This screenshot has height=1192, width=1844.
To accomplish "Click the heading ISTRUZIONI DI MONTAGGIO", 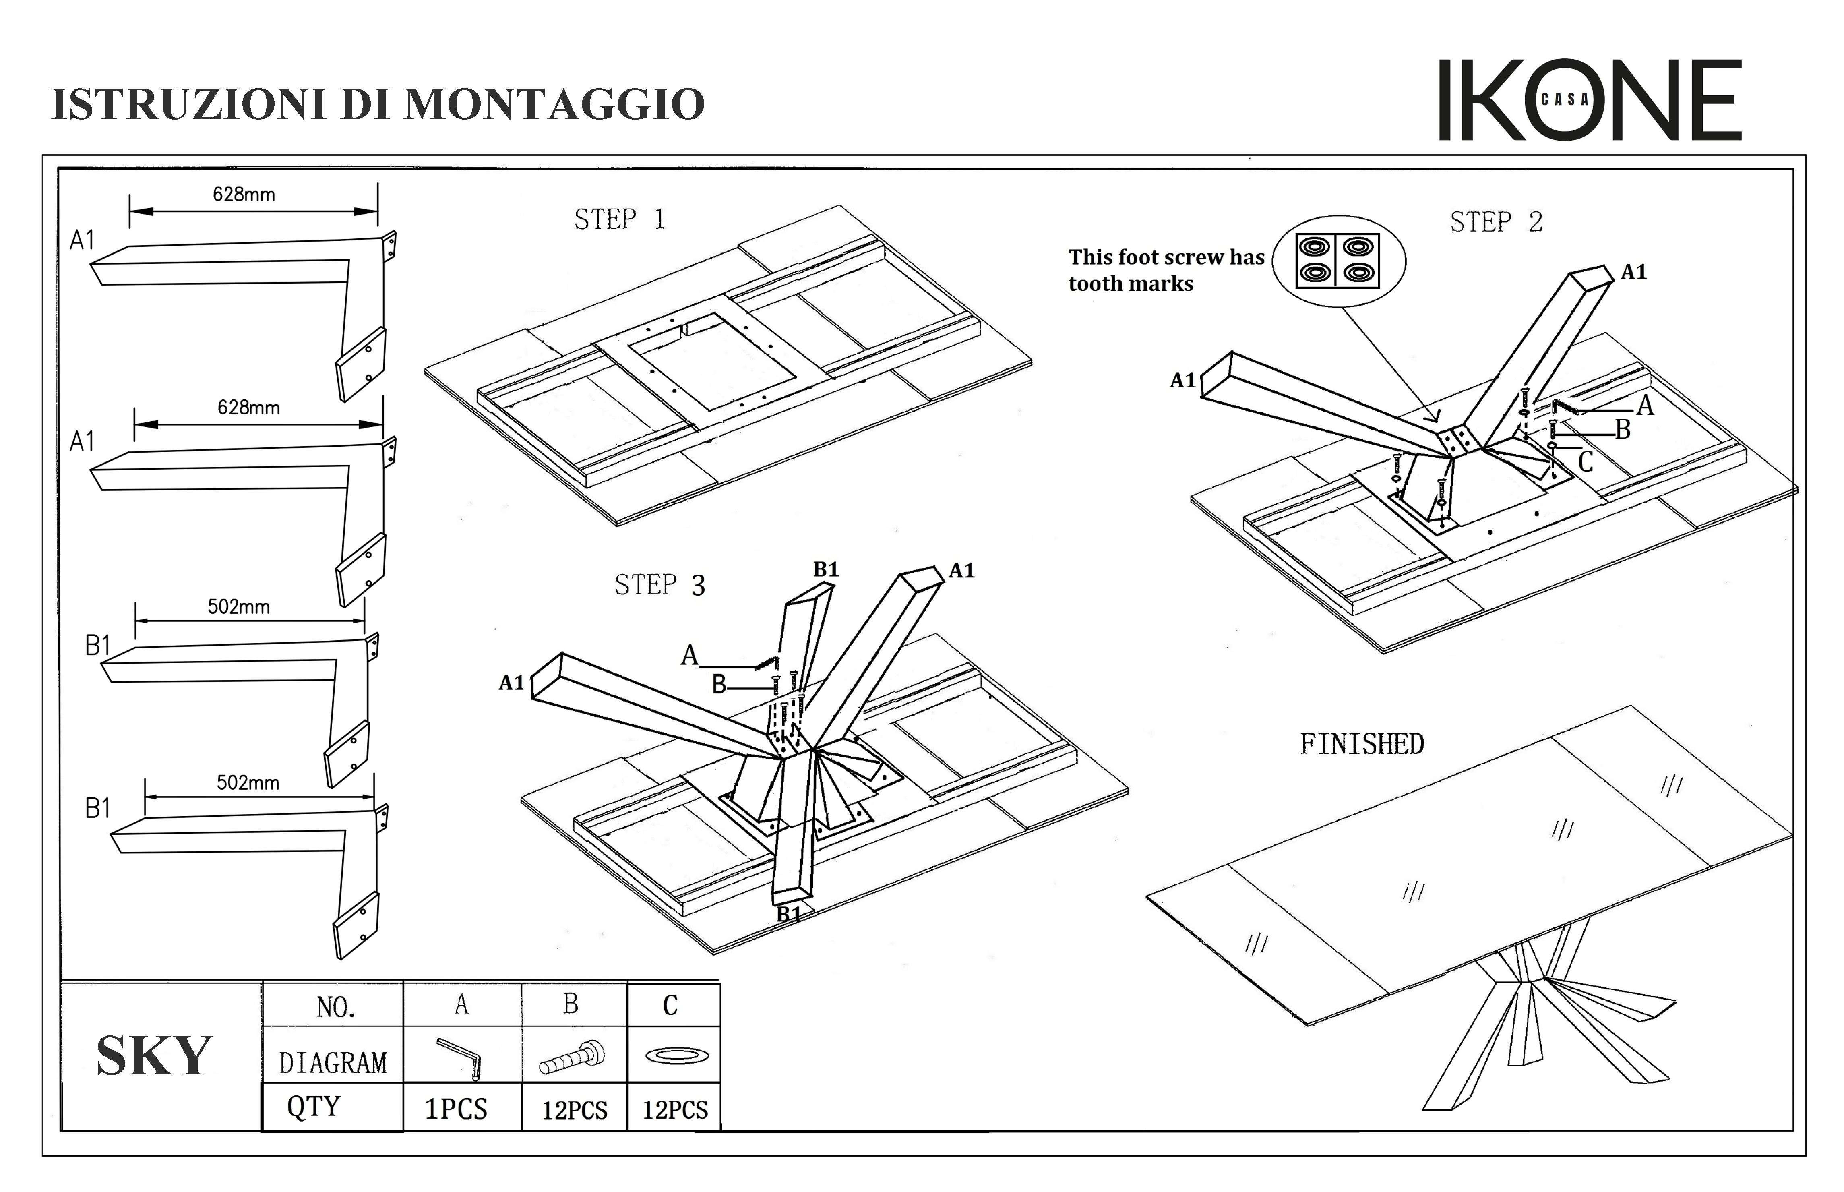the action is pos(378,104).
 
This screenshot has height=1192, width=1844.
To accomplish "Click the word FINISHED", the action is pos(1362,744).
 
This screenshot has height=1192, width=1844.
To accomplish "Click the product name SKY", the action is pos(154,1056).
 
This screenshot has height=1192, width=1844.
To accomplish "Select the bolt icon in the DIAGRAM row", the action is pos(573,1057).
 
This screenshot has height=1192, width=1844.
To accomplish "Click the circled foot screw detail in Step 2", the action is pos(1338,261).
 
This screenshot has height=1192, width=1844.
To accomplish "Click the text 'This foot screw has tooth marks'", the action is pos(1166,270).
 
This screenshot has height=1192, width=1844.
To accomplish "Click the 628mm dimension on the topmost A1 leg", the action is pos(244,194).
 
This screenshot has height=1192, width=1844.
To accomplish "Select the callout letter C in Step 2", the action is pos(1586,463).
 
